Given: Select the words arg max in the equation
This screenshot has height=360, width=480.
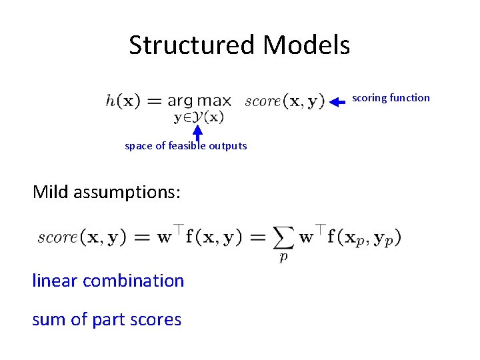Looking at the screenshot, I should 199,101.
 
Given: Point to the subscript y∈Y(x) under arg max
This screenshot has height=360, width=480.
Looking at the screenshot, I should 199,117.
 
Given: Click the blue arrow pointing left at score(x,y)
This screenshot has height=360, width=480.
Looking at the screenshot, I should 339,102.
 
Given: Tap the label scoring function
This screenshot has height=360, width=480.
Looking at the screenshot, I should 391,98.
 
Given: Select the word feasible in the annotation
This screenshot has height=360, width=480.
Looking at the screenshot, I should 183,146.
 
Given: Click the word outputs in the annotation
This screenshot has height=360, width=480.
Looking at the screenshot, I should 227,146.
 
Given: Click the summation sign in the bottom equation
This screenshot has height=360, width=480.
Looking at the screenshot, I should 283,238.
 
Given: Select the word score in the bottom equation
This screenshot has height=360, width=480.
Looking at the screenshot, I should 57,237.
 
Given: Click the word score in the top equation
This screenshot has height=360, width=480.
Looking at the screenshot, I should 263,101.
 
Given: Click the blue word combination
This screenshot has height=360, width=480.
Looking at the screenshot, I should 133,281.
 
